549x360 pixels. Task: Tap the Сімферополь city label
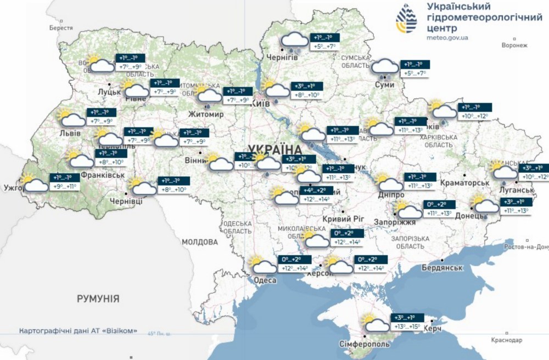pyautogui.click(x=367, y=344)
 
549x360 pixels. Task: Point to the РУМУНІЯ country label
pyautogui.click(x=98, y=299)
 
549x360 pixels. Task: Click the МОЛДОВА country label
pyautogui.click(x=200, y=241)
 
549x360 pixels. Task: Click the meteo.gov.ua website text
pyautogui.click(x=447, y=38)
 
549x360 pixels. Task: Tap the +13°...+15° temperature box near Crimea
pyautogui.click(x=406, y=327)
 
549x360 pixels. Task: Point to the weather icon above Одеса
pyautogui.click(x=262, y=265)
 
